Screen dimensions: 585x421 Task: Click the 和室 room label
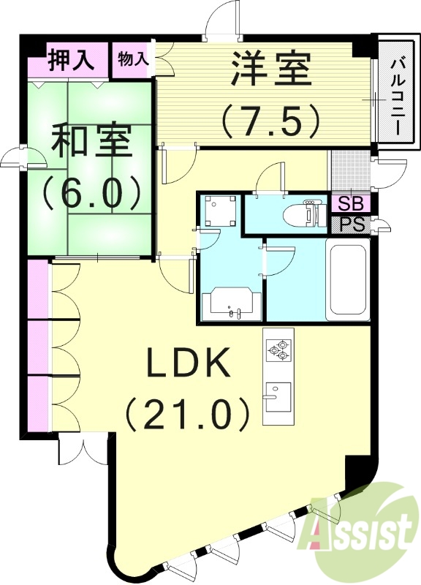(x=91, y=141)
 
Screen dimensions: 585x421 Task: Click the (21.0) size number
(x=189, y=414)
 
